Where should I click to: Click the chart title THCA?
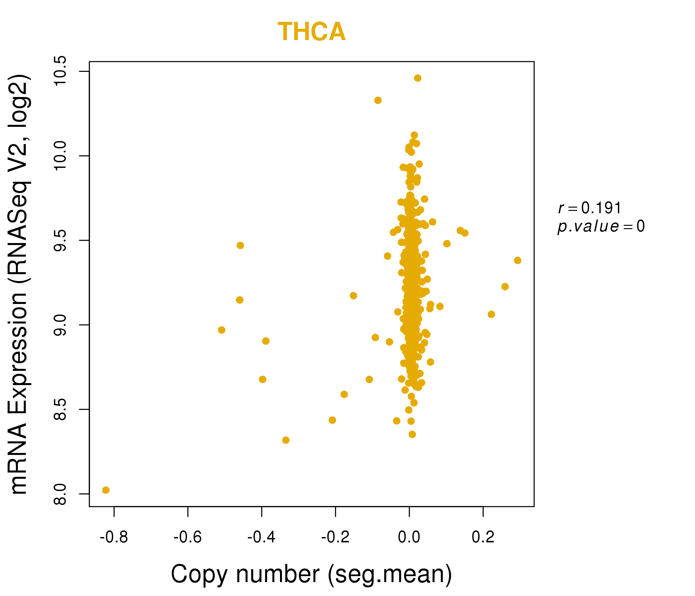[312, 32]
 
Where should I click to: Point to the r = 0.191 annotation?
[589, 208]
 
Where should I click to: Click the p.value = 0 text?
[601, 226]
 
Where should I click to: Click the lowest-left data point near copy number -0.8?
[106, 490]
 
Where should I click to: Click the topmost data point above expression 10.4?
[418, 78]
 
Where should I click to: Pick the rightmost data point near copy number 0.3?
[518, 260]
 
